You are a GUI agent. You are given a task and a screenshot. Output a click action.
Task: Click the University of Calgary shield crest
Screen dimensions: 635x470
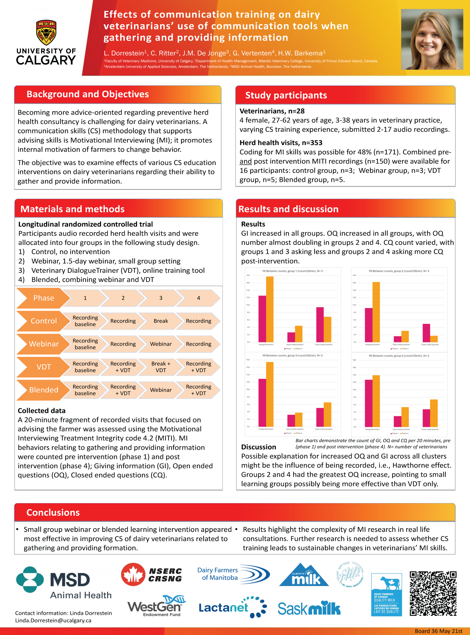click(46, 32)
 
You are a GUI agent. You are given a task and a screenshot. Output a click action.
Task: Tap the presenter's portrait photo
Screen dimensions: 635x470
click(432, 39)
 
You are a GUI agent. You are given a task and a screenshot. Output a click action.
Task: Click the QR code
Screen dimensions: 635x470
click(433, 593)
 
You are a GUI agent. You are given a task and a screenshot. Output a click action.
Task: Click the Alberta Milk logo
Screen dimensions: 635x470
click(304, 575)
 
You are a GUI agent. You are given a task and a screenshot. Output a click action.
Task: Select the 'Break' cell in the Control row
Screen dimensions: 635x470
click(161, 321)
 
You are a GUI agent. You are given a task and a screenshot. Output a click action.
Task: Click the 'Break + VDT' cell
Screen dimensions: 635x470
click(161, 367)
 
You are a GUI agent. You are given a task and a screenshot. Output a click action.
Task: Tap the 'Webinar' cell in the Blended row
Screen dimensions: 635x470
click(161, 390)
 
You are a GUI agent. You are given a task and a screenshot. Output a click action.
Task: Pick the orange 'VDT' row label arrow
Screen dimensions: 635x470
click(43, 367)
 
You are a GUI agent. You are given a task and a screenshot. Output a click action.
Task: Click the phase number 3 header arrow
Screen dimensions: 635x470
click(161, 298)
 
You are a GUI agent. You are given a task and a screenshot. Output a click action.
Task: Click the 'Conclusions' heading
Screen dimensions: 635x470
click(53, 512)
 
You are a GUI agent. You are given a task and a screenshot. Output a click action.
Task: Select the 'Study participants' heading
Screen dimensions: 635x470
click(286, 95)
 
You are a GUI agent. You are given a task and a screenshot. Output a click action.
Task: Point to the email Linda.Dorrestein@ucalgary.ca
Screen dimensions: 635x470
click(53, 620)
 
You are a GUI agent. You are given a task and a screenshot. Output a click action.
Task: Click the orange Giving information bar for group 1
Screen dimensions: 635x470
click(270, 309)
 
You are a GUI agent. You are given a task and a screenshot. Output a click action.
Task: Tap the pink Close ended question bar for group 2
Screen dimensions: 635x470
click(426, 333)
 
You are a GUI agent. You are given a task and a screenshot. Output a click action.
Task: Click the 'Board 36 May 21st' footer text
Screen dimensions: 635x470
click(439, 631)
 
